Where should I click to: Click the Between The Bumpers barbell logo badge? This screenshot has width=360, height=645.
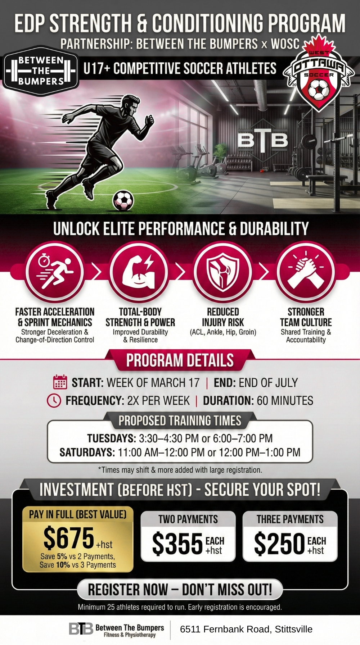pyautogui.click(x=40, y=71)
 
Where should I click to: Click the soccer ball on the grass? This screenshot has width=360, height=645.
pyautogui.click(x=123, y=200)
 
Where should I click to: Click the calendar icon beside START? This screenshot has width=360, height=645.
pyautogui.click(x=60, y=382)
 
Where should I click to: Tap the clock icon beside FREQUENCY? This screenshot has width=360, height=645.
pyautogui.click(x=54, y=400)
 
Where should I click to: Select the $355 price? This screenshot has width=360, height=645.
pyautogui.click(x=177, y=543)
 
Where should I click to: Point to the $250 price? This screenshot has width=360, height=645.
pyautogui.click(x=279, y=543)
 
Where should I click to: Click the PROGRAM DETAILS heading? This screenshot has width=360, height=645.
pyautogui.click(x=180, y=360)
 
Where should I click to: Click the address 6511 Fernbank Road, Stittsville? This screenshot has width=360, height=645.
pyautogui.click(x=246, y=629)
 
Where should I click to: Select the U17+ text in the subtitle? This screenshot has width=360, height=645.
pyautogui.click(x=97, y=68)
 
